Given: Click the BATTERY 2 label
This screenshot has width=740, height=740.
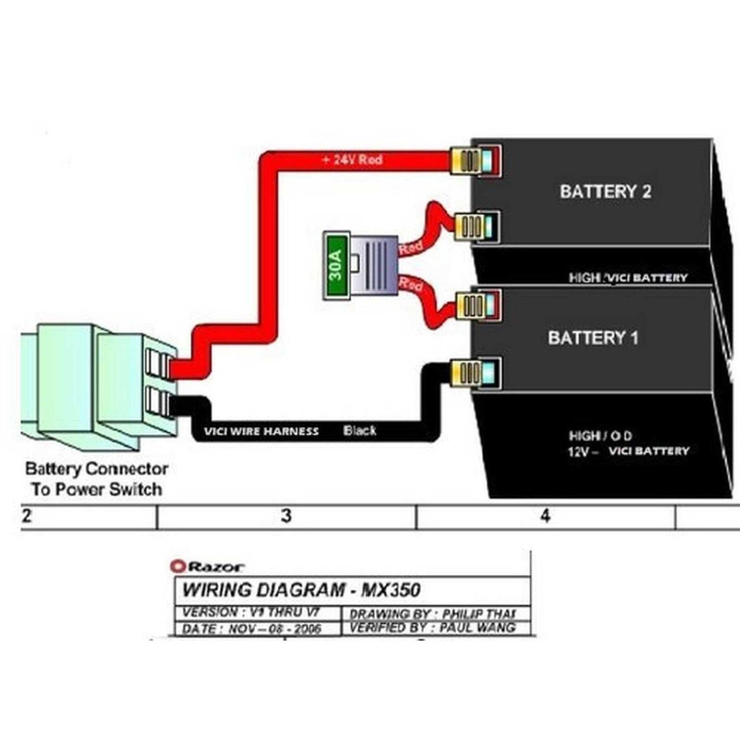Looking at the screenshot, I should (x=605, y=191).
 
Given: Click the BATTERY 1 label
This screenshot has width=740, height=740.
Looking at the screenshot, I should (x=593, y=338).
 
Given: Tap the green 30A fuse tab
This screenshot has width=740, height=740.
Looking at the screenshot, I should (x=336, y=265).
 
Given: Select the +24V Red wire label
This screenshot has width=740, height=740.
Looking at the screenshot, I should (x=352, y=160).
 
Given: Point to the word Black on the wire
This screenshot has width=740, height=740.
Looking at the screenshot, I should (x=360, y=431).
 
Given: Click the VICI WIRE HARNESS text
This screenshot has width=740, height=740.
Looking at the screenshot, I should (x=261, y=432).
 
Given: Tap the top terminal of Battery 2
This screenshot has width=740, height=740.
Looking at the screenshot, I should (x=476, y=160).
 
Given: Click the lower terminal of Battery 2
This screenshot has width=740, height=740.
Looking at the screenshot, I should (x=476, y=227).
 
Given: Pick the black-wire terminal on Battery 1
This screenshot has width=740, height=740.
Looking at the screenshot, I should (x=476, y=372).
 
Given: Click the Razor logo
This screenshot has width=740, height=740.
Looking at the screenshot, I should (x=207, y=566).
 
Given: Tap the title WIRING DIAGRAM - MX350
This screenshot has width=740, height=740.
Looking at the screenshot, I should (x=301, y=590).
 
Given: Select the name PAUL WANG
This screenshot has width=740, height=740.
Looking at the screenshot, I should (x=477, y=628).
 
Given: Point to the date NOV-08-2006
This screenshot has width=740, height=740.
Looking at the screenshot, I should (x=274, y=629).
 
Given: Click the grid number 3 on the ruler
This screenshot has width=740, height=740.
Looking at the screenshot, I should (x=286, y=516).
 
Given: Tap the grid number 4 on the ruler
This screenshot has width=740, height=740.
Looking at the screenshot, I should (x=545, y=516).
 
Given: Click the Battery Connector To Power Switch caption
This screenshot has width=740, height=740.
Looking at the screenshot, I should (x=96, y=479).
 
